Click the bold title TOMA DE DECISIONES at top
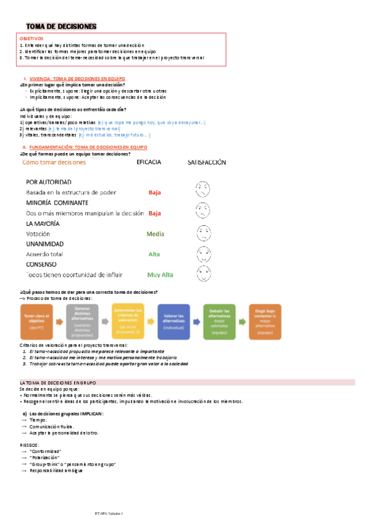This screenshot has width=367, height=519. click(x=61, y=26)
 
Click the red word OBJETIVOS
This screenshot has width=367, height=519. click(x=31, y=39)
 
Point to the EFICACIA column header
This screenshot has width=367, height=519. click(x=149, y=162)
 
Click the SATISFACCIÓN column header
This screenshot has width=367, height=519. click(x=206, y=162)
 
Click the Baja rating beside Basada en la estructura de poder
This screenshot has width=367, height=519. click(x=154, y=192)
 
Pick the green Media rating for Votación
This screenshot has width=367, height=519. click(x=155, y=234)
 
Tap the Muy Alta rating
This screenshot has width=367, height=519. click(x=160, y=275)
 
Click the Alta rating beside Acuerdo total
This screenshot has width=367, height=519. click(x=154, y=254)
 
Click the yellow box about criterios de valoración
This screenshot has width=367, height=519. click(x=128, y=321)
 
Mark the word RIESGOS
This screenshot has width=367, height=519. click(x=30, y=445)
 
